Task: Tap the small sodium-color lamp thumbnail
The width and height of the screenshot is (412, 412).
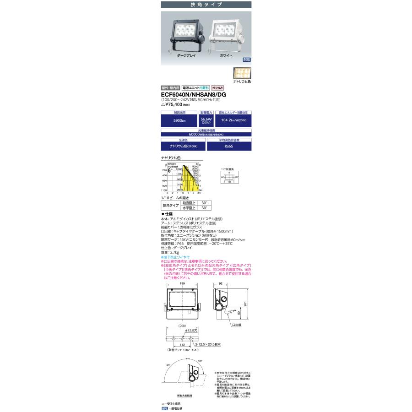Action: point(242,72)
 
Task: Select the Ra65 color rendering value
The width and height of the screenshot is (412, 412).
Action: point(229,146)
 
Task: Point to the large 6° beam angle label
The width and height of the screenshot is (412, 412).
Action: point(169,170)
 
